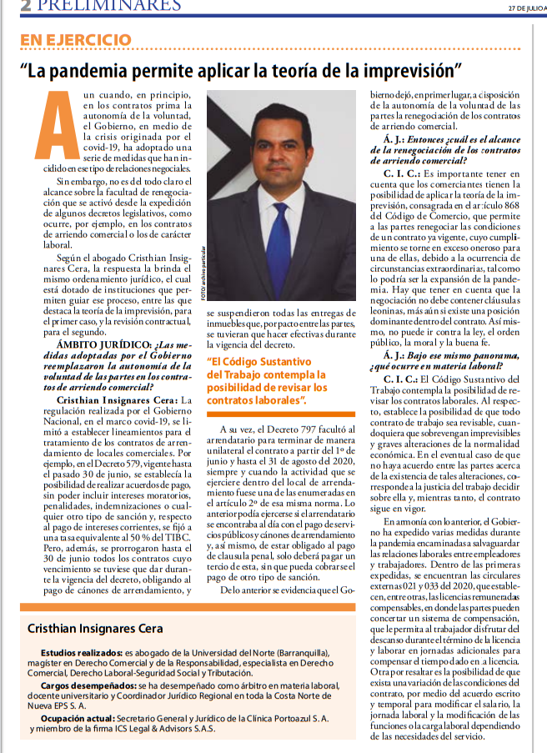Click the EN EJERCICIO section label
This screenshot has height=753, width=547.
[x=76, y=40]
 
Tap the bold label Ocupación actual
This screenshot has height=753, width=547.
[x=78, y=716]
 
